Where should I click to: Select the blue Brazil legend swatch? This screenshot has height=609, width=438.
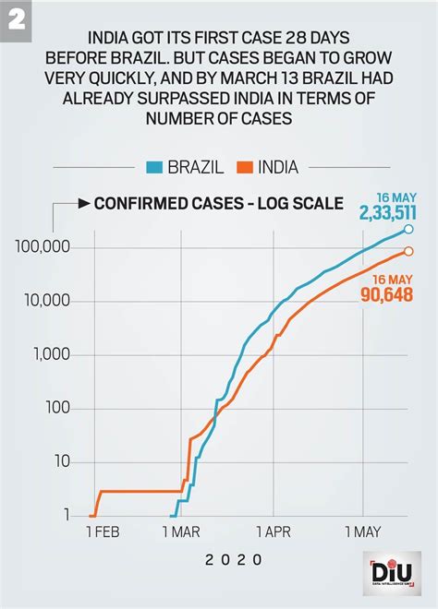(x=154, y=168)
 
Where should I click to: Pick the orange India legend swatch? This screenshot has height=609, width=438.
(x=244, y=168)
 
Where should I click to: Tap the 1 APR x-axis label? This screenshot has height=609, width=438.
(x=274, y=533)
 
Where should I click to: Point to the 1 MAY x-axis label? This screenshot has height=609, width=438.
(x=361, y=533)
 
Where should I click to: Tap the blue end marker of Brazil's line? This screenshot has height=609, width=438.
(x=408, y=230)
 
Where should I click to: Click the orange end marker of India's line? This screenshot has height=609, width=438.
(x=408, y=251)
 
